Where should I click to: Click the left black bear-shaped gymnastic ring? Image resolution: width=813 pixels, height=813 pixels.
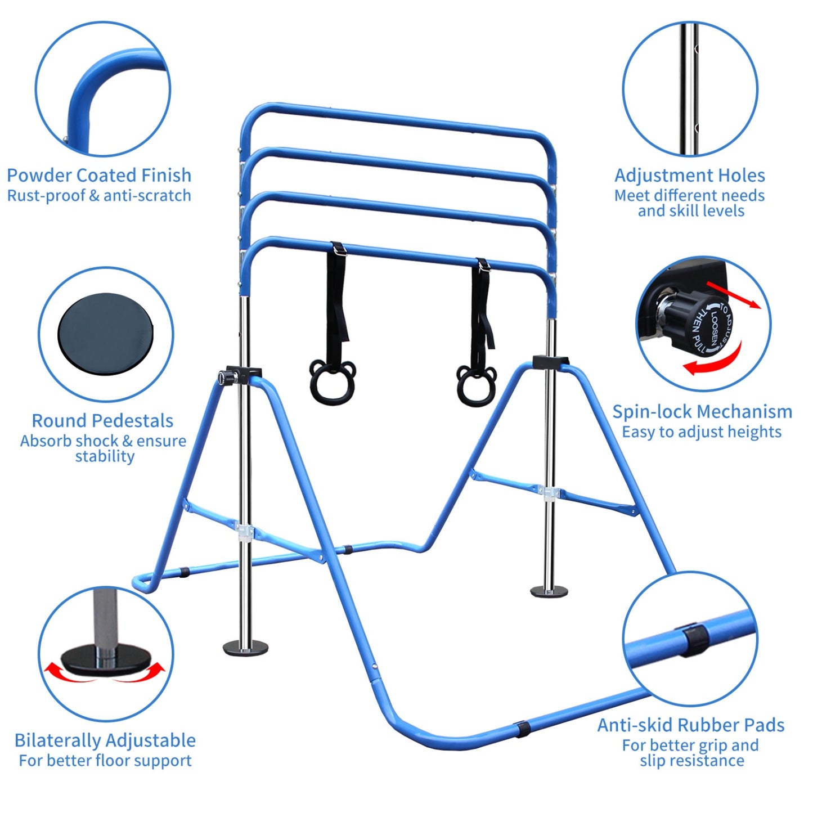tap(332, 382)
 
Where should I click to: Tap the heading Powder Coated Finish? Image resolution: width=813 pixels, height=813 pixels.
tap(99, 175)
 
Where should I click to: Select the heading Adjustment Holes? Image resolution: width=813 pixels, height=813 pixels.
tap(689, 175)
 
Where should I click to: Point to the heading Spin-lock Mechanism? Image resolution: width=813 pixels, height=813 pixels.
tap(702, 411)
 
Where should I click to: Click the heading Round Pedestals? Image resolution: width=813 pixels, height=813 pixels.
tap(102, 420)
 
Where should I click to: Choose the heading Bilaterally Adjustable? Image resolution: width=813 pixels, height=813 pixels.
tap(105, 740)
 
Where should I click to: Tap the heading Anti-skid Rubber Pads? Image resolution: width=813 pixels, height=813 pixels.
tap(691, 725)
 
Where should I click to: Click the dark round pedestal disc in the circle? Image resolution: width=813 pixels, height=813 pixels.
tap(106, 335)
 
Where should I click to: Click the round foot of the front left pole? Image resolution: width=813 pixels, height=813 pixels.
tap(245, 647)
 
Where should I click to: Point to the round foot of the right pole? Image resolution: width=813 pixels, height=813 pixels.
tap(549, 591)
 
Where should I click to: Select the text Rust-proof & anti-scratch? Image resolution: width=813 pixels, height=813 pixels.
tap(99, 196)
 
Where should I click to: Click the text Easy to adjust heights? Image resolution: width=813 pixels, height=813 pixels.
tap(702, 432)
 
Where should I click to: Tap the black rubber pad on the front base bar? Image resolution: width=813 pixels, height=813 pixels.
tap(521, 727)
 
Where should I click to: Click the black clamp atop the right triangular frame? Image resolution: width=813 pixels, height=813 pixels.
tap(549, 362)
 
